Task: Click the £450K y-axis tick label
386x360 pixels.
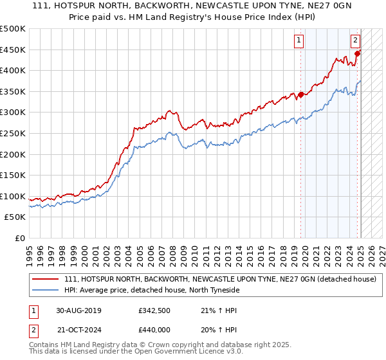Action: click(13, 50)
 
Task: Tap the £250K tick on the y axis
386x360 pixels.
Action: click(13, 133)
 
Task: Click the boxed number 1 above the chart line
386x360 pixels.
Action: click(300, 40)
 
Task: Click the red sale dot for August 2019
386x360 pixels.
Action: click(300, 94)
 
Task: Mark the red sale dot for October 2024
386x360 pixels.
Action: click(357, 53)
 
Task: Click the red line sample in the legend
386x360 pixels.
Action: click(46, 279)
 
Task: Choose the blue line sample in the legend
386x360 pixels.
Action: click(46, 290)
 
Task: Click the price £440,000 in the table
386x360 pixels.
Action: click(154, 330)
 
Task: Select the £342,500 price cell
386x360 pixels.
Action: click(154, 310)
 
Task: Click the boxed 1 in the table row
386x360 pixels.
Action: click(32, 310)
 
